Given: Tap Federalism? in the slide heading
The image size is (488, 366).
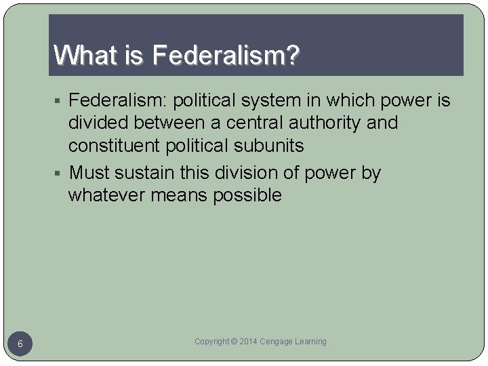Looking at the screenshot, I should click(x=226, y=56).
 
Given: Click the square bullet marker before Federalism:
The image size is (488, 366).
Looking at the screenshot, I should click(x=60, y=102).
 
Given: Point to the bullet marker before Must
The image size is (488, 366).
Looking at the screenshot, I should click(x=60, y=174).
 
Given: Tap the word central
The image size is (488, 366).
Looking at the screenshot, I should click(x=256, y=123).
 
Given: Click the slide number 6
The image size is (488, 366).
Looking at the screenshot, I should click(x=20, y=344).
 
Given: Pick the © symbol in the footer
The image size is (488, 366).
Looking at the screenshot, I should click(x=235, y=342).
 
